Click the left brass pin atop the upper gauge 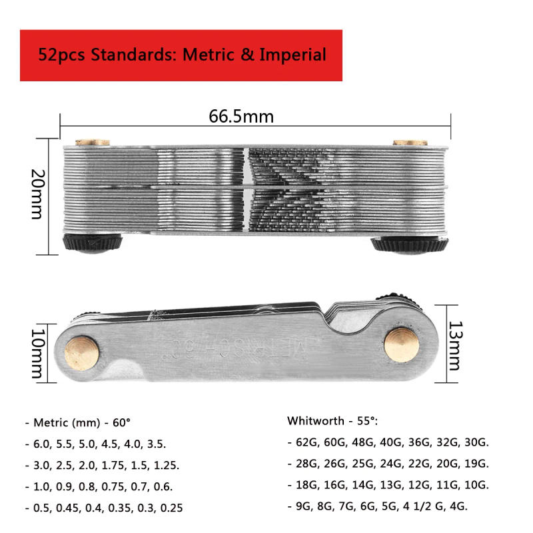92,142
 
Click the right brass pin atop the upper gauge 408,142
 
